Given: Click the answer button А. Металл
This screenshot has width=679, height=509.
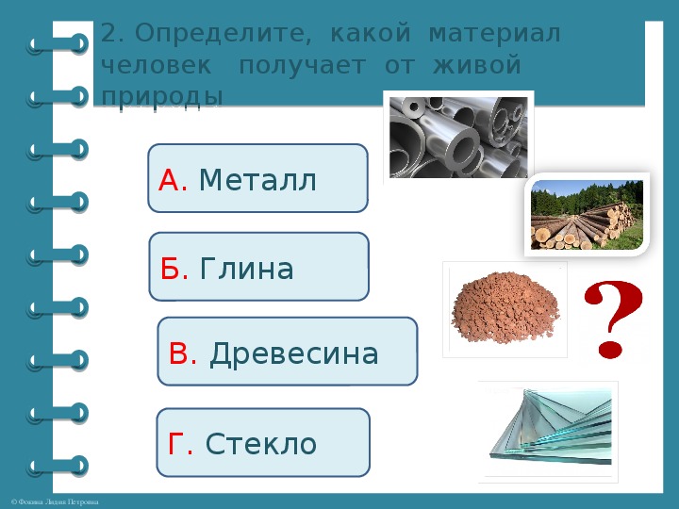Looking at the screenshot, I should pyautogui.click(x=257, y=178).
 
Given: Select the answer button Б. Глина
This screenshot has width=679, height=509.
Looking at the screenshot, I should pyautogui.click(x=258, y=267).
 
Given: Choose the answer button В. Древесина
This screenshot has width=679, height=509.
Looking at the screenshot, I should pyautogui.click(x=287, y=352).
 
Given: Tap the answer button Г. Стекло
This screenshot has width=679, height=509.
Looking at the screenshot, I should pyautogui.click(x=262, y=442).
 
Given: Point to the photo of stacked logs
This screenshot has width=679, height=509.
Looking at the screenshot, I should pyautogui.click(x=586, y=214).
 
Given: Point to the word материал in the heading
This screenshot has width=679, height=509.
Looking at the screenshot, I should pyautogui.click(x=494, y=35).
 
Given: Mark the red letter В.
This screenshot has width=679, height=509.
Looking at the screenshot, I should pyautogui.click(x=182, y=353).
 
